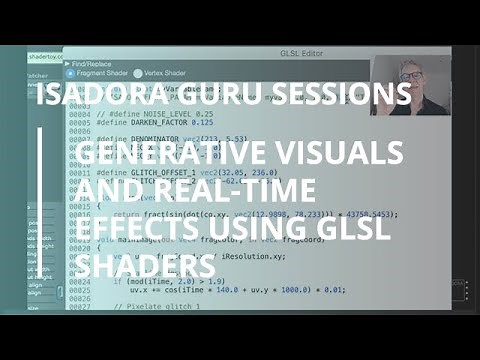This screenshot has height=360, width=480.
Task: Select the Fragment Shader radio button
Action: [x=70, y=73]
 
